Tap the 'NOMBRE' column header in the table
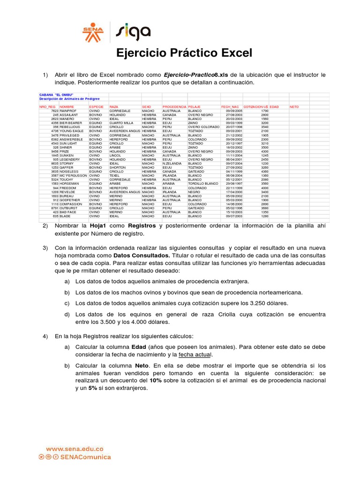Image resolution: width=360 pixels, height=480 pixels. (67, 107)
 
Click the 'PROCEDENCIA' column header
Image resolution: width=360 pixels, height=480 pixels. (174, 107)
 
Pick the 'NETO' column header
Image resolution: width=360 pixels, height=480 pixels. (294, 107)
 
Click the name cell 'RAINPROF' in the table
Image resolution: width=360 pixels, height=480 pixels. (68, 111)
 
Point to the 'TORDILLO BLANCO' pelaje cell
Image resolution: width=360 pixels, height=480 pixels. (203, 183)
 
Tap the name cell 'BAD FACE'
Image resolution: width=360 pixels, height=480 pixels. (67, 212)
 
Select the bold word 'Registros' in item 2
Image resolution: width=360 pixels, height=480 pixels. (142, 226)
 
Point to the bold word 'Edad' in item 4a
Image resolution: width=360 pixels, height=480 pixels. (139, 346)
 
